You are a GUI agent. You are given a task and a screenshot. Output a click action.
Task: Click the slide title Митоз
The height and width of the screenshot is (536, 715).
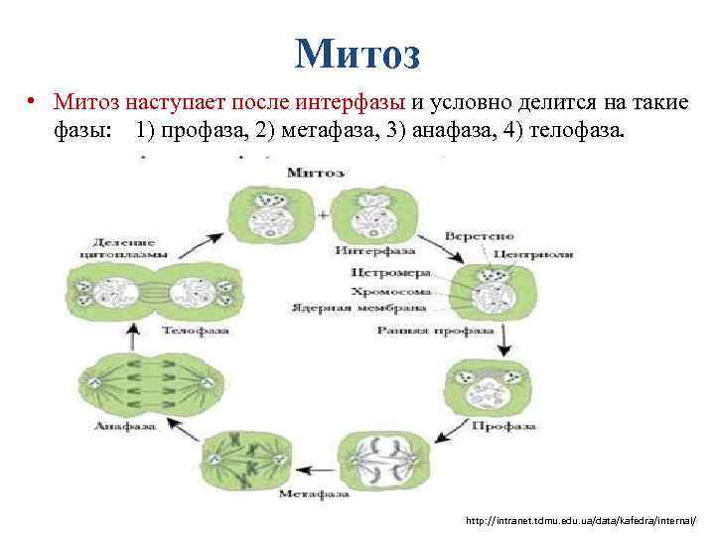click(357, 52)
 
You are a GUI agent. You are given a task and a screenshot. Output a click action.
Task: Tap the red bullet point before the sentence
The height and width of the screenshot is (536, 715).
click(33, 101)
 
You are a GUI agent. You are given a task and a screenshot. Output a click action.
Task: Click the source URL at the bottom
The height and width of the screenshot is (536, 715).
click(581, 520)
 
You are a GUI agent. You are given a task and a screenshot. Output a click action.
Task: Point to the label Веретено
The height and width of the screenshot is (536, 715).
click(479, 236)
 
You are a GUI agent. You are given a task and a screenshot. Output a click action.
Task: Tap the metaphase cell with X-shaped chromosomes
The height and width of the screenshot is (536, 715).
click(244, 457)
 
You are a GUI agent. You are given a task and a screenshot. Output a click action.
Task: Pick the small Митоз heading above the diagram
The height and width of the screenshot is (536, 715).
click(315, 173)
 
